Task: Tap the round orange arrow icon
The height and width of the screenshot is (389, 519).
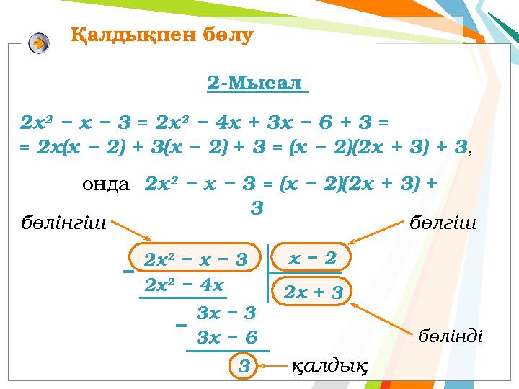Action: pos(40,43)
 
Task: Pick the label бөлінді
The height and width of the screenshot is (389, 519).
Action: pos(451,336)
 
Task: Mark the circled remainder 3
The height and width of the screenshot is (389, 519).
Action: pos(244,366)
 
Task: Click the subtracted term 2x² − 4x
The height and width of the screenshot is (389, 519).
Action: pos(185,284)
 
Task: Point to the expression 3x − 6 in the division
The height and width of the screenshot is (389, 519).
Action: pos(226,336)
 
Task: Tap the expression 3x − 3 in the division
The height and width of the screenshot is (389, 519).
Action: pos(226,313)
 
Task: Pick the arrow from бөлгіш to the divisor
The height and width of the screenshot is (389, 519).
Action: pos(376,237)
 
